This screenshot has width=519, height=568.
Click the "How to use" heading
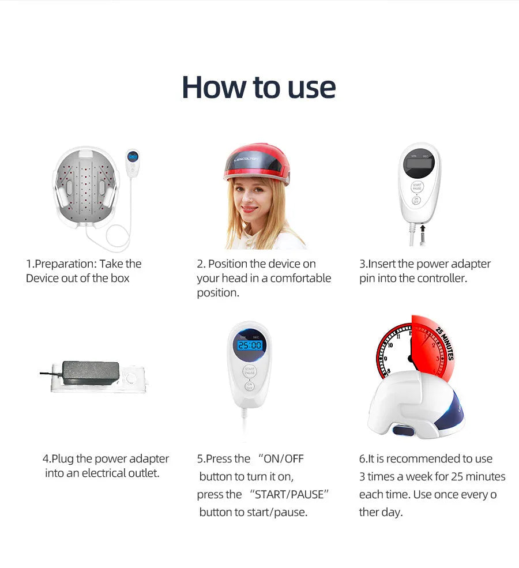(x=259, y=87)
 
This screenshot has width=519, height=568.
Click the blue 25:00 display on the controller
(x=250, y=345)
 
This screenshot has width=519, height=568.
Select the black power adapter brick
(x=91, y=373)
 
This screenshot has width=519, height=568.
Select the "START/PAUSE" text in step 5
(x=289, y=494)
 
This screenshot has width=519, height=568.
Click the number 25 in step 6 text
(x=457, y=477)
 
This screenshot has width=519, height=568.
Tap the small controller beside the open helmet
(x=133, y=163)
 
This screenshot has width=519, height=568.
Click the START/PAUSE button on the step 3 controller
(x=417, y=187)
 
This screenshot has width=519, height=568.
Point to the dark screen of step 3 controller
(x=419, y=163)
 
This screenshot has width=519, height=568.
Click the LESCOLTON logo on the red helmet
(x=246, y=159)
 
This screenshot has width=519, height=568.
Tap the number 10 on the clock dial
(x=390, y=345)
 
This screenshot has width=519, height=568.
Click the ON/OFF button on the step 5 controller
(x=249, y=386)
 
